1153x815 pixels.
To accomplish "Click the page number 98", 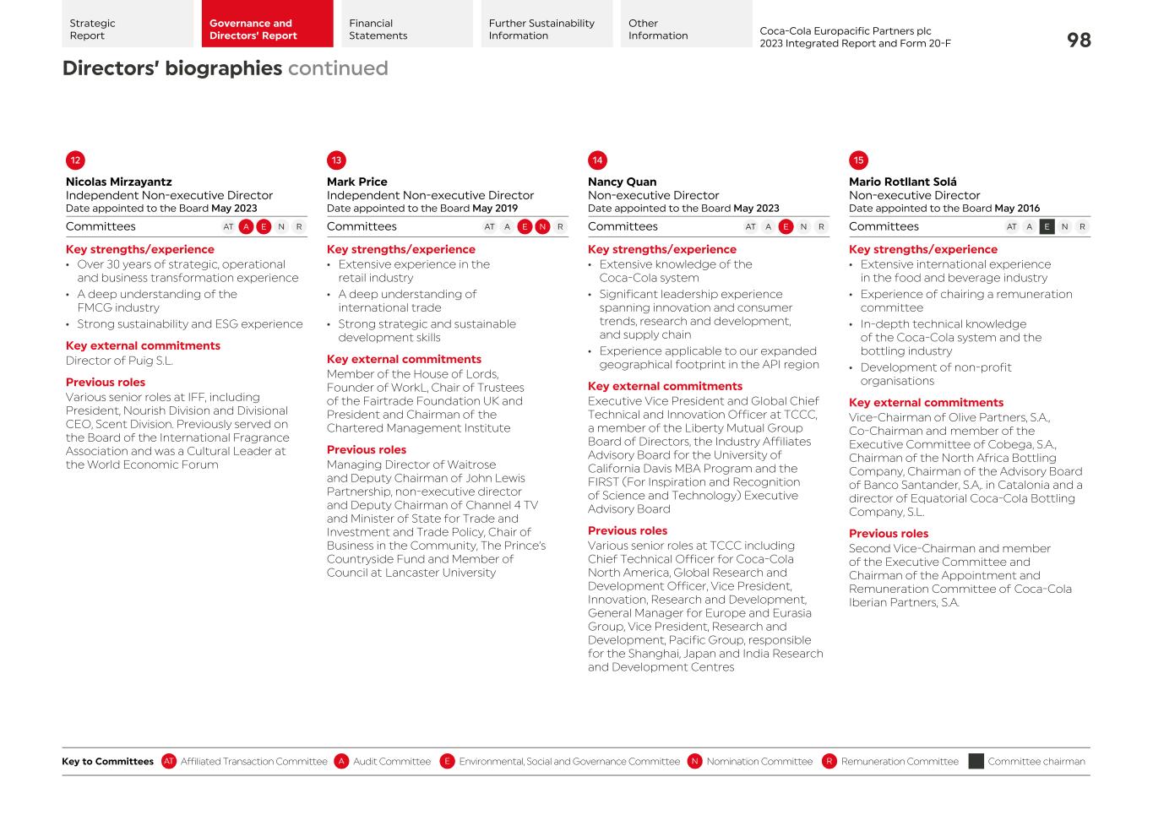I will (x=1079, y=40).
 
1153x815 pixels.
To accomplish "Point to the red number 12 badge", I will (x=75, y=160).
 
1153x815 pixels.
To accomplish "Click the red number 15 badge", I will (x=858, y=160).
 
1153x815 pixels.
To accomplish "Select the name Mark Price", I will (x=356, y=182).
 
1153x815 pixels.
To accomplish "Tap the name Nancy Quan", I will (x=622, y=182).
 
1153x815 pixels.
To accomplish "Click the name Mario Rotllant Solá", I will (x=902, y=182).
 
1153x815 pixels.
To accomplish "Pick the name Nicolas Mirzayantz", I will (x=118, y=182).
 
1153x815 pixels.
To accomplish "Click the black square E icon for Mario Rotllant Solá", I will (x=1047, y=226).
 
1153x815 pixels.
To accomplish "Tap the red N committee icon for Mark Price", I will (x=542, y=226).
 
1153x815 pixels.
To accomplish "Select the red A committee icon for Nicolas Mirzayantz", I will (x=246, y=226).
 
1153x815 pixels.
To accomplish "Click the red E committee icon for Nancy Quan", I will (x=786, y=226).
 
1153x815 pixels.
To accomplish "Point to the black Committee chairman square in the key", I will (x=976, y=762).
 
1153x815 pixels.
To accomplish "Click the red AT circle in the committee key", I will (x=169, y=762).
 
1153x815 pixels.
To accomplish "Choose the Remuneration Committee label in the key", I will (x=900, y=762).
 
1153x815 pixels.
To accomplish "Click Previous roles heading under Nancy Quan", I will (x=627, y=531).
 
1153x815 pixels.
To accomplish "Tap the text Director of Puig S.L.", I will (x=119, y=361).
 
